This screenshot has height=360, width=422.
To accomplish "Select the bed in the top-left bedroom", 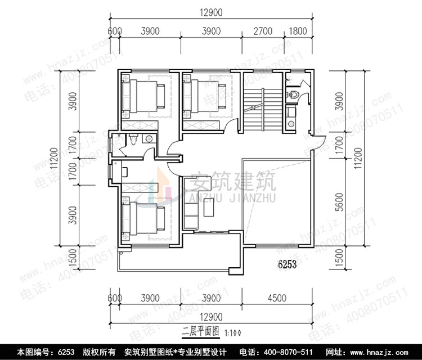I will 144,92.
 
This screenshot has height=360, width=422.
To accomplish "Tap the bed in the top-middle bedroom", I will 205,92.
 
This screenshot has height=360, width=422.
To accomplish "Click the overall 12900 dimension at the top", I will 210,12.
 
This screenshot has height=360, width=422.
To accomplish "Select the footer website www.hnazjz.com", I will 389,352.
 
